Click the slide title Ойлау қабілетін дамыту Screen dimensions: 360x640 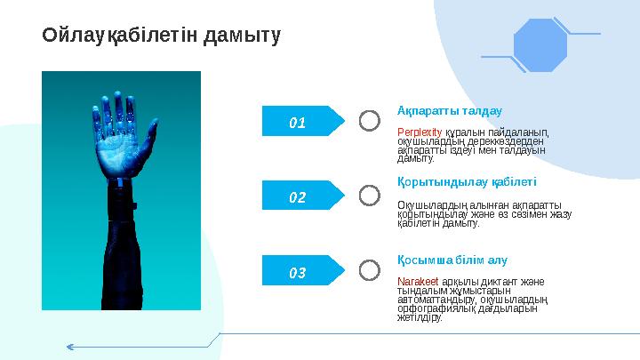click(x=162, y=36)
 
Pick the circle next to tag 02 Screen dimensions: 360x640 click(x=369, y=196)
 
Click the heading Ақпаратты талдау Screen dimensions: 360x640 click(x=449, y=111)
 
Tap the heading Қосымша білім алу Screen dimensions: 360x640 click(x=452, y=260)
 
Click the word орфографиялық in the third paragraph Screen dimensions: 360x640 click(x=436, y=308)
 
